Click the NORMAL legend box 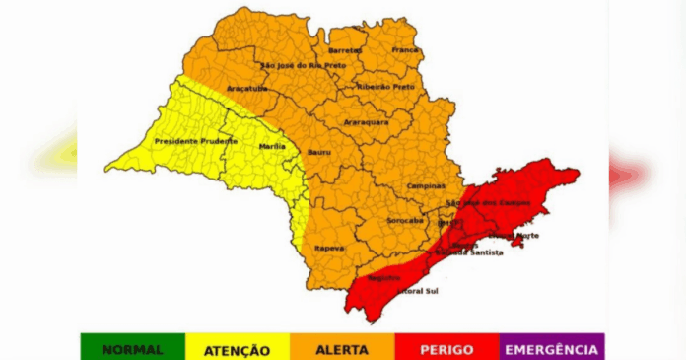(132, 349)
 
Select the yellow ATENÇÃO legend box (237, 349)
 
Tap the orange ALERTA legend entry (342, 349)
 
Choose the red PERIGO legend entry (446, 349)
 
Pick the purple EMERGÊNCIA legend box (551, 349)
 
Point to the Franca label (405, 49)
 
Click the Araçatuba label (245, 88)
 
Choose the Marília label (271, 145)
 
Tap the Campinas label (425, 186)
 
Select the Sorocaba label (405, 220)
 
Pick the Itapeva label (329, 248)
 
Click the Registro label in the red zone (383, 277)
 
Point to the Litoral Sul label (416, 292)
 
